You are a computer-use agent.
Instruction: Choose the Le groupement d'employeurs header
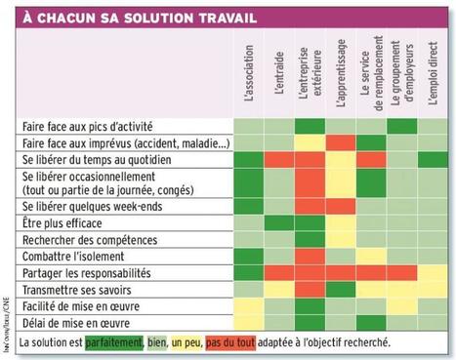click(400, 74)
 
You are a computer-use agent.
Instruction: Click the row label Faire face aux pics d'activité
click(87, 127)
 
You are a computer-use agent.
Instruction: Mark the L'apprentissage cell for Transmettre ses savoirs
click(340, 289)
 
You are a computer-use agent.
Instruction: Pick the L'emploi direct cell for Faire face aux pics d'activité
click(431, 127)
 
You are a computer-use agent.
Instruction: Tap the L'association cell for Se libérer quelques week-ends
click(249, 208)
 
